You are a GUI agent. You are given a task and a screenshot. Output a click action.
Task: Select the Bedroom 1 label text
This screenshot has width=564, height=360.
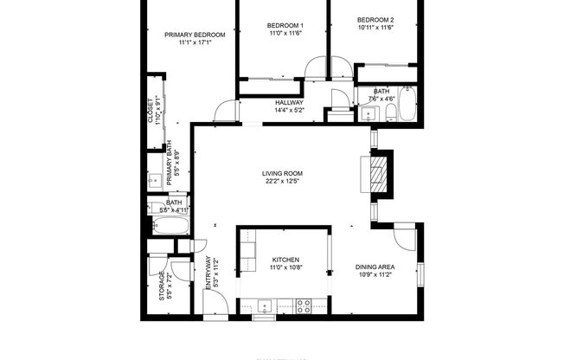tap(285, 29)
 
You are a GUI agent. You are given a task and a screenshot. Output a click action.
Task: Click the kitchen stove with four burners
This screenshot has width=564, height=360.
tap(304, 305)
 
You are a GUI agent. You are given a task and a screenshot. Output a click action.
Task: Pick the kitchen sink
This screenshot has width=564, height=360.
tap(263, 305)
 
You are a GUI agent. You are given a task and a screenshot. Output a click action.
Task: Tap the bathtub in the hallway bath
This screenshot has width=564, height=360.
tap(407, 106)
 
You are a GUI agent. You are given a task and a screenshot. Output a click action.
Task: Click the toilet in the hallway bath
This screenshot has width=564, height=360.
tap(391, 112)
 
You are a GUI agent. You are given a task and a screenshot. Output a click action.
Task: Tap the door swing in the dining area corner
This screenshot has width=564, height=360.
tap(404, 236)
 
